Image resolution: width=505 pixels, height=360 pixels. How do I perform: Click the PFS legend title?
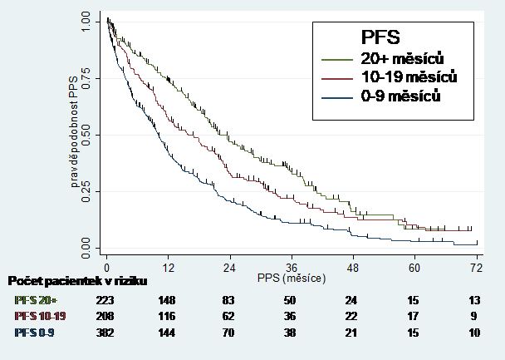click(381, 37)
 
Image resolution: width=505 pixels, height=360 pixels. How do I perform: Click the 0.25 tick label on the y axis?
click(86, 190)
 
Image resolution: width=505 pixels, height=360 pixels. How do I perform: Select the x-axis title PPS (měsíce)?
click(292, 277)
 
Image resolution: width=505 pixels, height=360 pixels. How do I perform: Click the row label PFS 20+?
click(36, 300)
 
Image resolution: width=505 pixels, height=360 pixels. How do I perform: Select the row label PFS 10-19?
click(41, 317)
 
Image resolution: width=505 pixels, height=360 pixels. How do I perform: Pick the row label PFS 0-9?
click(36, 333)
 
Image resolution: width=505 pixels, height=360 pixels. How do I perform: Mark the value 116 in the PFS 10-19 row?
click(169, 317)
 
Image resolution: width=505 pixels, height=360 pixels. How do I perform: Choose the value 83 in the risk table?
click(230, 300)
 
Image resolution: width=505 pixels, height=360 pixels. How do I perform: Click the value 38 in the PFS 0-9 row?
click(291, 333)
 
